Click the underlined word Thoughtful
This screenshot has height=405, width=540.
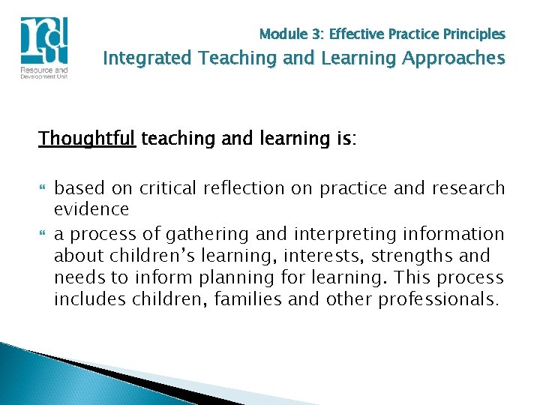(87, 139)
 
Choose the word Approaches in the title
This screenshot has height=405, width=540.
(456, 58)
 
